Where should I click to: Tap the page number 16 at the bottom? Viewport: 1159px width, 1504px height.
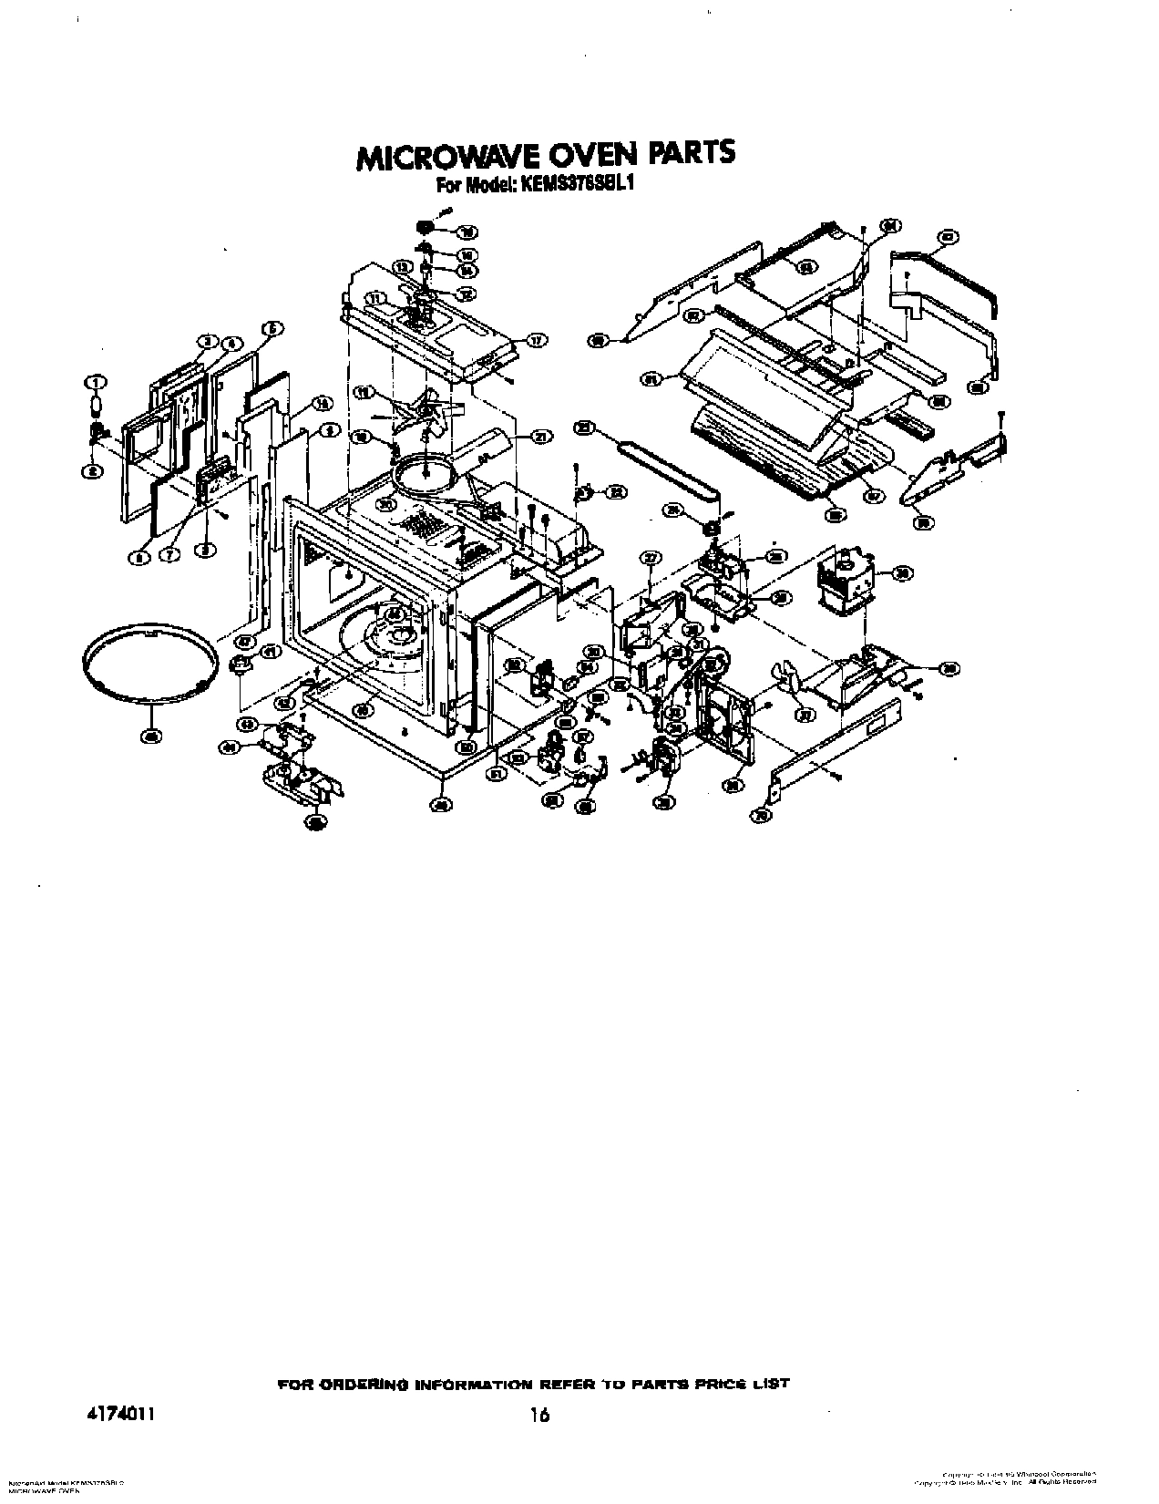coord(541,1390)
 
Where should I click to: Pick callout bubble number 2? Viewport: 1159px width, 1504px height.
coord(92,471)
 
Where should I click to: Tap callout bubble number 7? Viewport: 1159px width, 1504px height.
coord(169,558)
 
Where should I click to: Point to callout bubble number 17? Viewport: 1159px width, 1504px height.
coord(537,341)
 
